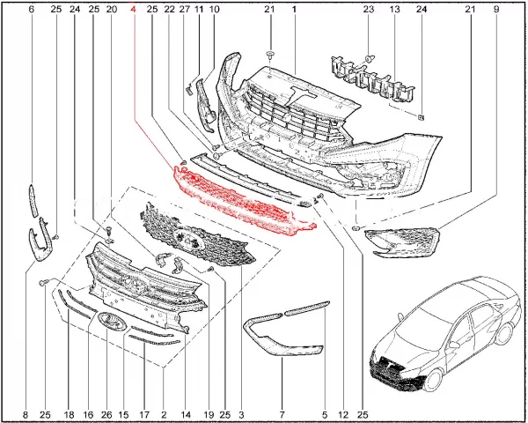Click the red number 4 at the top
134,10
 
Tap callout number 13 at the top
394,10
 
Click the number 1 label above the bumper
294,10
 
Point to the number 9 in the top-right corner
495,10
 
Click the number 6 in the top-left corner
32,10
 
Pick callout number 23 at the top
369,10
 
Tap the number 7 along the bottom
282,414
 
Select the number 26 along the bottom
106,414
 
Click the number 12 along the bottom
343,414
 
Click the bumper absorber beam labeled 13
373,79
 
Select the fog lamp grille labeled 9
403,241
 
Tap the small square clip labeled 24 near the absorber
421,117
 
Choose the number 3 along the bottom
241,414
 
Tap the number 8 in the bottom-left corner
26,414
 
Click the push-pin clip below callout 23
370,59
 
